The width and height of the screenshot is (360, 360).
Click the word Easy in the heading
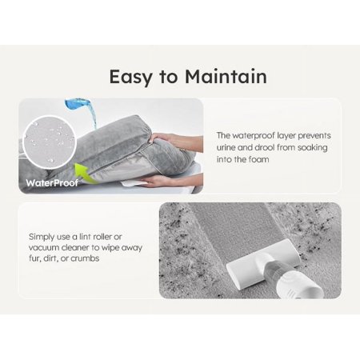(x=130, y=78)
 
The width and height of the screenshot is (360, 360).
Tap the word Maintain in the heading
(x=226, y=77)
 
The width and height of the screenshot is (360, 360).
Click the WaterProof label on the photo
(x=52, y=183)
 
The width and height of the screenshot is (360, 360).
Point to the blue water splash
(x=81, y=110)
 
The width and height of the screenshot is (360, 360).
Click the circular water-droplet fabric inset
(x=50, y=142)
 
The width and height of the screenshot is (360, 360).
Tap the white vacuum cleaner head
(x=263, y=263)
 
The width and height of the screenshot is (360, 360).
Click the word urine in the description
(x=226, y=147)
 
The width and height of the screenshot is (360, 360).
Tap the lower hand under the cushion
(x=170, y=180)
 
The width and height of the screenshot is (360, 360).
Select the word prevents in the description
(x=314, y=136)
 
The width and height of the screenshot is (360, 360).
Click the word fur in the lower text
(x=34, y=258)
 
